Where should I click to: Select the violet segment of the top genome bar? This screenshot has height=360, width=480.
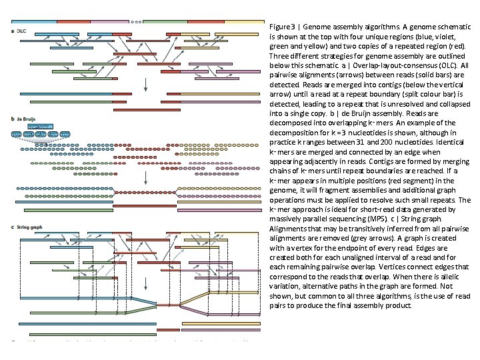tap(107, 21)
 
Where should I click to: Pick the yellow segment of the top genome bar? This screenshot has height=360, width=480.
tap(243, 21)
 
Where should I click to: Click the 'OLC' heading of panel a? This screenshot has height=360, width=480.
tap(22, 31)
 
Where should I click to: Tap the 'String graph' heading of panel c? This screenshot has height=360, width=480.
tap(27, 227)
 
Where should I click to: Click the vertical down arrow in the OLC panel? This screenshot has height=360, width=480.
tap(145, 84)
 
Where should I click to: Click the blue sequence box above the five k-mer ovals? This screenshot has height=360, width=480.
tap(41, 125)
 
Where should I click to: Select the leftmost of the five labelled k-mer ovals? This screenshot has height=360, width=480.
tap(17, 135)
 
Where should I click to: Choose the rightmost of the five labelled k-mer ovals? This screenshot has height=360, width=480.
tap(65, 135)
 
